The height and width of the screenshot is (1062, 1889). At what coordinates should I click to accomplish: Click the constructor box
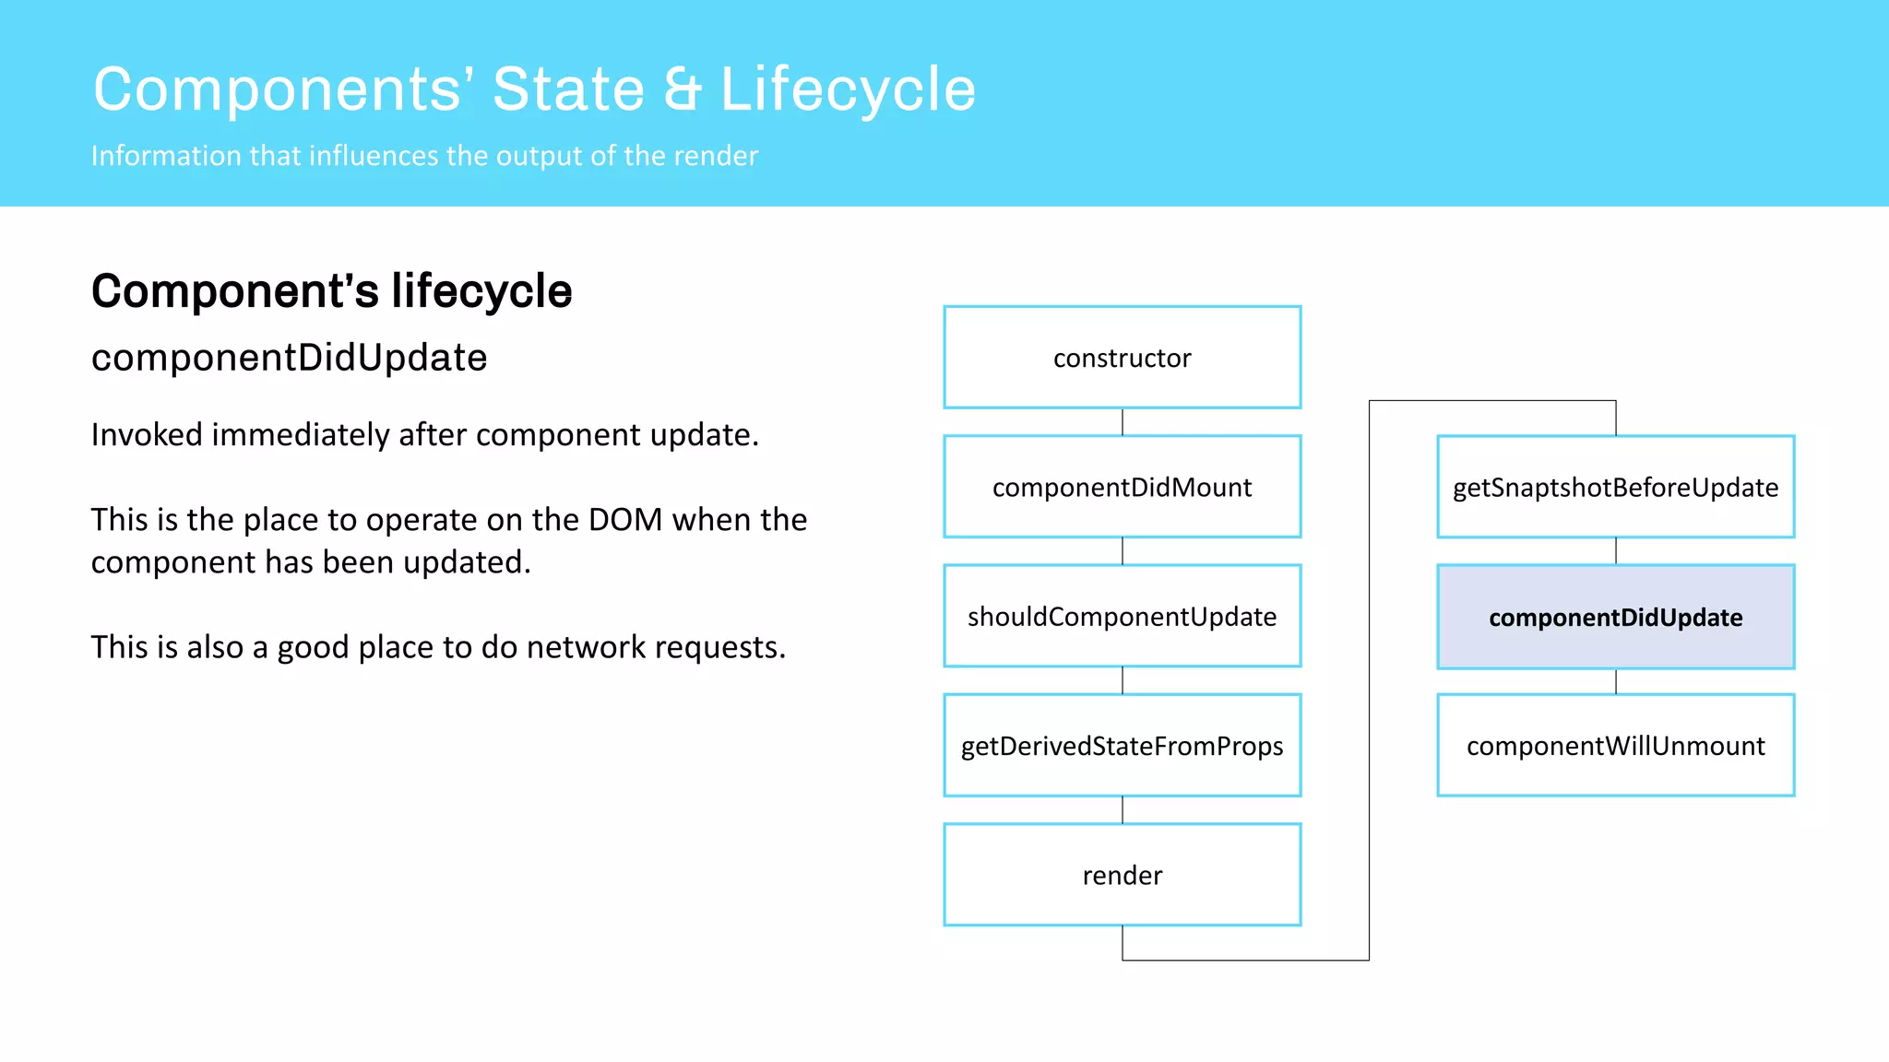click(x=1122, y=358)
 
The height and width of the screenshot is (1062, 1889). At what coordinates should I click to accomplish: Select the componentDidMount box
click(x=1122, y=487)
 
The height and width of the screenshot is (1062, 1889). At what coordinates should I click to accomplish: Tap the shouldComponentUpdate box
click(x=1122, y=616)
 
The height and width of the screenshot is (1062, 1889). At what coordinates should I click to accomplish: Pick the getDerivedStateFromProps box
click(x=1122, y=745)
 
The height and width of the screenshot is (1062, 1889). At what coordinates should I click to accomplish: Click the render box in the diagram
click(x=1122, y=875)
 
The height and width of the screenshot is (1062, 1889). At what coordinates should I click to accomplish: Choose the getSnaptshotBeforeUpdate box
click(x=1615, y=487)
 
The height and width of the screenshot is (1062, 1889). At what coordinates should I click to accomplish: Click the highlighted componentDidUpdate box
click(x=1615, y=617)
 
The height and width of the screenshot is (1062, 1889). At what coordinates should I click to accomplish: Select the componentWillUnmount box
click(x=1615, y=745)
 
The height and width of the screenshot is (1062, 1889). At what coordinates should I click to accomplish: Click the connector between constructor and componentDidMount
click(x=1123, y=422)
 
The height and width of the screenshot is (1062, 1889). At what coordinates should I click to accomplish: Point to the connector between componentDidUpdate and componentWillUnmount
click(x=1616, y=681)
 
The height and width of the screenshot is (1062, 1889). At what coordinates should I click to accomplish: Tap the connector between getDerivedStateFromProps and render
click(x=1123, y=810)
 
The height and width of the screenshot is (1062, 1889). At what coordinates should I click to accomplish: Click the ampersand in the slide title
click(x=683, y=90)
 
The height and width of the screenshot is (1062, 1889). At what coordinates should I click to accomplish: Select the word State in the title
click(x=568, y=90)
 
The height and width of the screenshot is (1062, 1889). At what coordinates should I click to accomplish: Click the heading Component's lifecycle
click(x=331, y=291)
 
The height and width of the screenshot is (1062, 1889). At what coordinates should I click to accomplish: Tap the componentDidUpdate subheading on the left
click(x=289, y=358)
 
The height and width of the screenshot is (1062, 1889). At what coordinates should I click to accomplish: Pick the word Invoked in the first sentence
click(x=146, y=435)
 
